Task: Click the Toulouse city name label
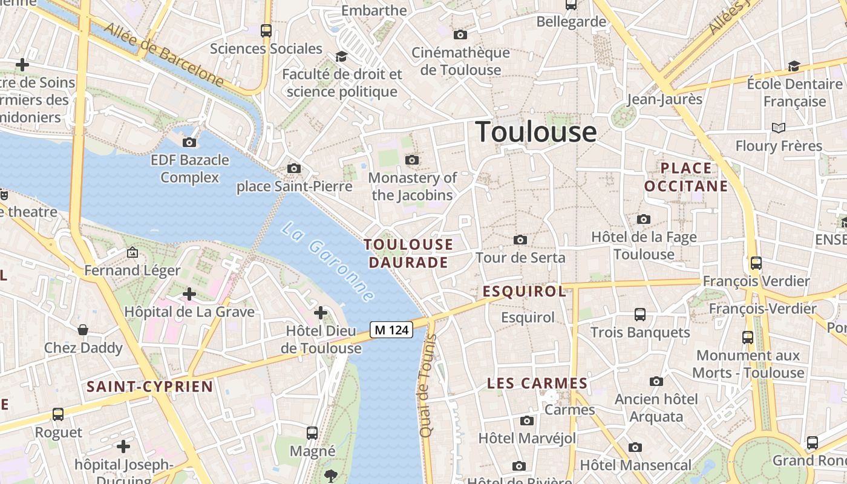(x=536, y=132)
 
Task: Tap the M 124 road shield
(x=391, y=330)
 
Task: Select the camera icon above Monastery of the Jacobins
(x=412, y=160)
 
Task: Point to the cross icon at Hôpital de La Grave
(x=189, y=294)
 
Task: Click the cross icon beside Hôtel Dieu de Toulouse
(x=321, y=313)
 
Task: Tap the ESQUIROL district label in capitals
(x=524, y=292)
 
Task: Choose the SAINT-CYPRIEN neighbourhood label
(x=149, y=387)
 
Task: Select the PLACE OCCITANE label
(x=686, y=177)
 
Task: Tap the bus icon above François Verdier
(x=756, y=263)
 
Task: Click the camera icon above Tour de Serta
(x=520, y=240)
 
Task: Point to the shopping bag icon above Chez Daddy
(x=83, y=330)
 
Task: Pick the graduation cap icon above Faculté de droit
(x=341, y=56)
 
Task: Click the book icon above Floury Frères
(x=778, y=128)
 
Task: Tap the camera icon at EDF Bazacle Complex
(x=189, y=143)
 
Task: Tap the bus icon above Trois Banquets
(x=639, y=315)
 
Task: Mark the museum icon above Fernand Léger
(x=132, y=252)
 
